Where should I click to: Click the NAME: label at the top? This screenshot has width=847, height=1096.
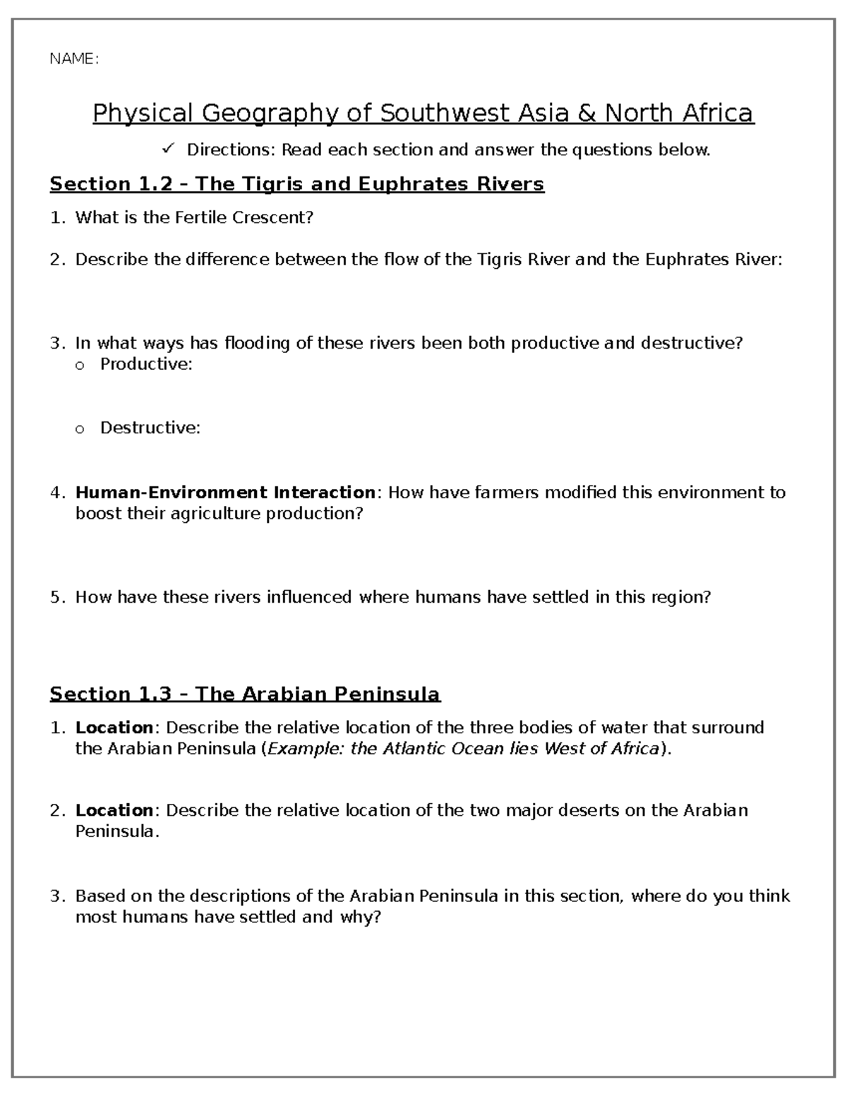pos(73,59)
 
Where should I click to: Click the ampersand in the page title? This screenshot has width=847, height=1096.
pos(587,113)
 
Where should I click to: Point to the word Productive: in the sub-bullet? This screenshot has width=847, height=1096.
pos(146,364)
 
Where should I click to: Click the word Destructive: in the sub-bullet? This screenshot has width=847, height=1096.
pos(150,428)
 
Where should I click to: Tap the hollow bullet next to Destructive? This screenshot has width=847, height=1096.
pos(79,428)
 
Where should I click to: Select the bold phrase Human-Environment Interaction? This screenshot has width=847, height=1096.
pos(225,492)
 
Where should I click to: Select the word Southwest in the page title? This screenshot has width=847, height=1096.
pos(442,113)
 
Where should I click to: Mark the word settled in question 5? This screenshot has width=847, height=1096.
pos(560,597)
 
